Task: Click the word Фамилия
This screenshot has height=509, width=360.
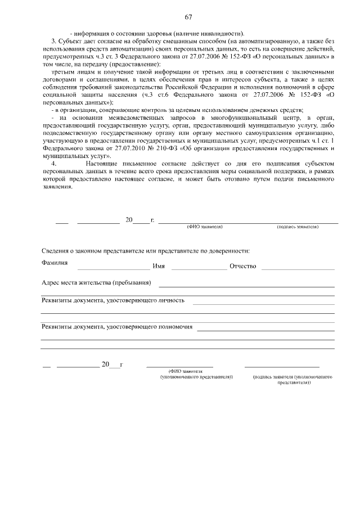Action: [x=55, y=263]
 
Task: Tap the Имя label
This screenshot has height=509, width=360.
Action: [x=159, y=266]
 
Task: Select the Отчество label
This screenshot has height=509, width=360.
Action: [x=242, y=266]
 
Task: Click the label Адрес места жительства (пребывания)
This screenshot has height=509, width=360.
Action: [x=96, y=282]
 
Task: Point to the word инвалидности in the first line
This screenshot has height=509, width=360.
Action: [x=222, y=31]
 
